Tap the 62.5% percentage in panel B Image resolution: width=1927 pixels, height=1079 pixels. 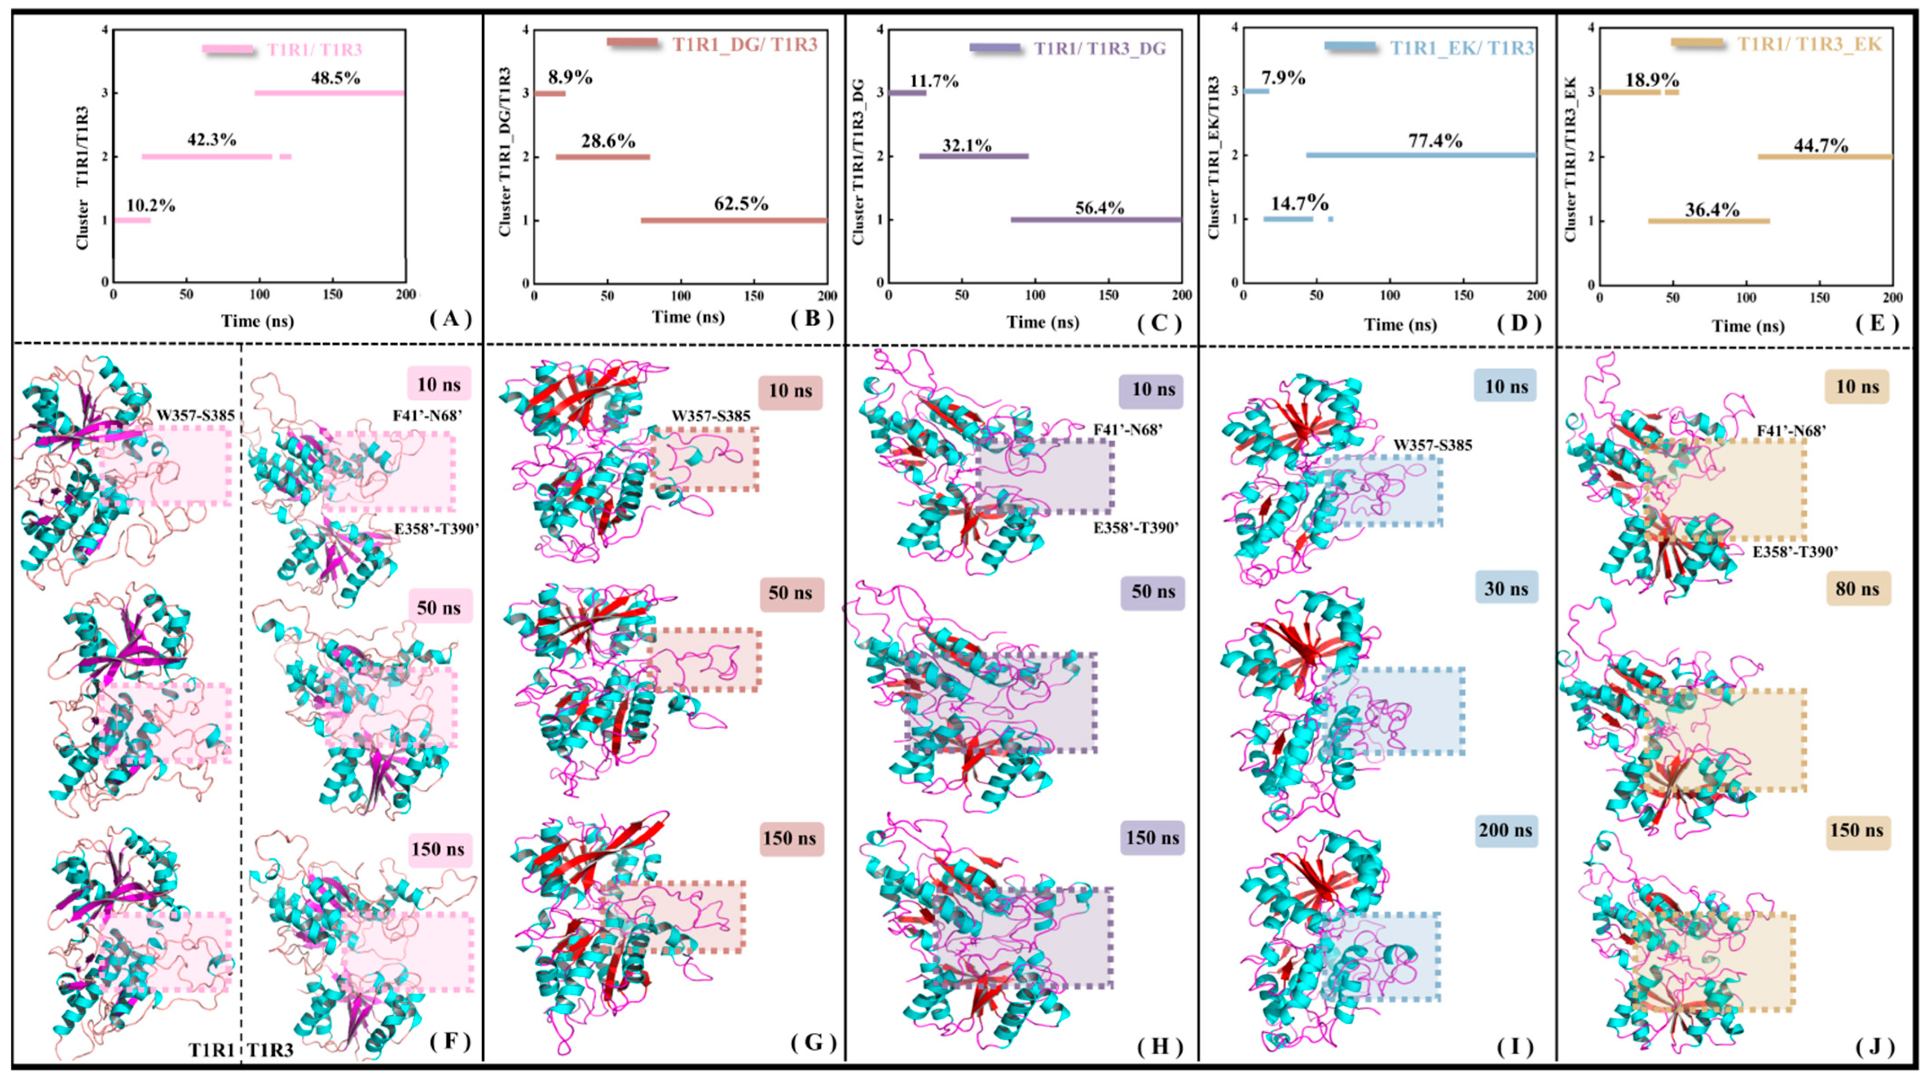[740, 203]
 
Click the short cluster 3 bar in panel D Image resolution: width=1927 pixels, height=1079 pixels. [1256, 91]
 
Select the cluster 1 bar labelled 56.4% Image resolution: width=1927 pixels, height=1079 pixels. [1096, 220]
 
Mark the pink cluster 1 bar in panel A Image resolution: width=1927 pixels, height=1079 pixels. [132, 220]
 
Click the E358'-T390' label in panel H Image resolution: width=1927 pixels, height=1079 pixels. [1135, 527]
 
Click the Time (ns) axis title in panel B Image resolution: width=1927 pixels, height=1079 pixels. [687, 317]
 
